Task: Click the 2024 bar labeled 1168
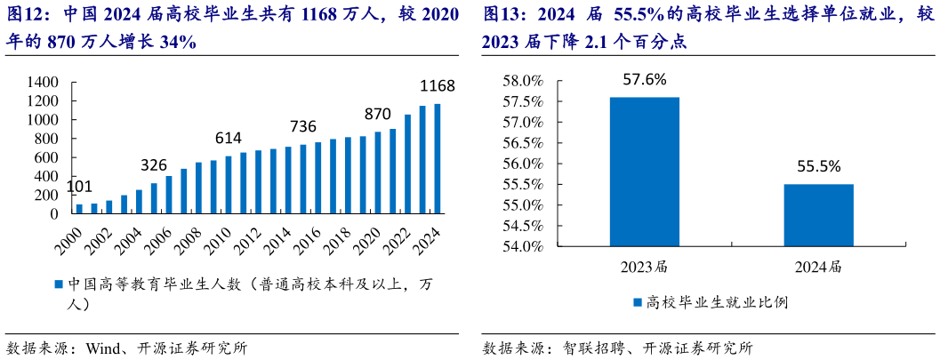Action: click(x=437, y=159)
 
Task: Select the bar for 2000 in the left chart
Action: click(x=79, y=209)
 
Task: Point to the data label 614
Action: click(x=229, y=138)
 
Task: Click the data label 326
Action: click(x=154, y=165)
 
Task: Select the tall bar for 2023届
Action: click(x=644, y=171)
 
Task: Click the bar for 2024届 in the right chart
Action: click(x=818, y=214)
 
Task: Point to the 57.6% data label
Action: click(x=644, y=80)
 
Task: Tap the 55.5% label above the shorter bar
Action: click(x=818, y=166)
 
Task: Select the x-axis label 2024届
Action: click(x=818, y=266)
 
